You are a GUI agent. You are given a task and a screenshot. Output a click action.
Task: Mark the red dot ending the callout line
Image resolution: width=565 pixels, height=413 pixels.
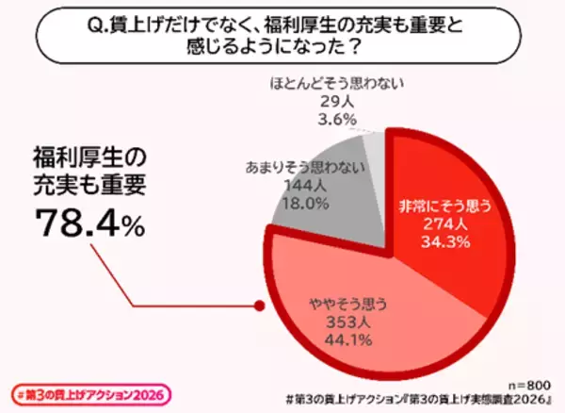(256, 306)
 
